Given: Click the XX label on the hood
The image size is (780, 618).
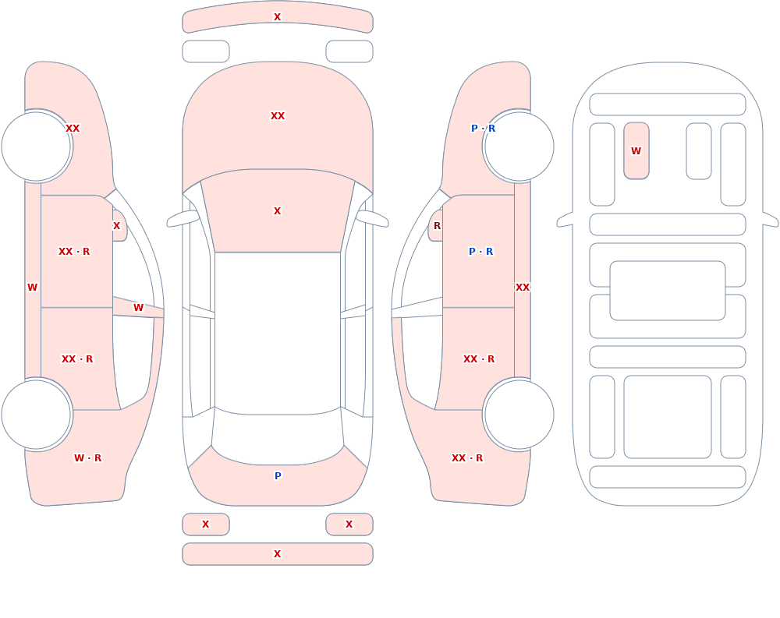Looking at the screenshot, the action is (278, 116).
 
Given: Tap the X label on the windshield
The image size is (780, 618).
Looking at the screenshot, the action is (278, 211).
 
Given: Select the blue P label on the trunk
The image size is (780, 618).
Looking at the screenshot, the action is (278, 476).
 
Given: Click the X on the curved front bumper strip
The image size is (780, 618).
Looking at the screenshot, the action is (278, 17).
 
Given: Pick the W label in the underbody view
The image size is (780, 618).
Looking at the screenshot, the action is (636, 150).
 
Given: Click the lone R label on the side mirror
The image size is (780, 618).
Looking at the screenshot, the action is (438, 226).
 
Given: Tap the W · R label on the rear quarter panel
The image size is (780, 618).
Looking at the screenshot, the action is (87, 458).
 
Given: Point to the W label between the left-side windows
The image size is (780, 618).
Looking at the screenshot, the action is (138, 308).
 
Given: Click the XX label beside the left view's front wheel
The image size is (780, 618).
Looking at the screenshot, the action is (73, 129).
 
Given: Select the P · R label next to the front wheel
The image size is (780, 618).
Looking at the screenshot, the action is (483, 129).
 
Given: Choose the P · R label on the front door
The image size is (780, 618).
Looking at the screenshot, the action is (481, 252).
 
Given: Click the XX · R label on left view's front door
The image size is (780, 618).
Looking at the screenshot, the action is (74, 252).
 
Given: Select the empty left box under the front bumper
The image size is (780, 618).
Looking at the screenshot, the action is (206, 51).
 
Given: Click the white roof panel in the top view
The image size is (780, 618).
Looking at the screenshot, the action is (278, 333).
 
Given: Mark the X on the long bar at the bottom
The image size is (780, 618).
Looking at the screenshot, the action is (278, 554).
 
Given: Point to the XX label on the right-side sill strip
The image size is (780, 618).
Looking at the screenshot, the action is (523, 288).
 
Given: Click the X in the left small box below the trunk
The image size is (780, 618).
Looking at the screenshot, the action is (205, 524).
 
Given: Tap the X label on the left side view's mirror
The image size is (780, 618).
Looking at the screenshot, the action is (116, 226).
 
